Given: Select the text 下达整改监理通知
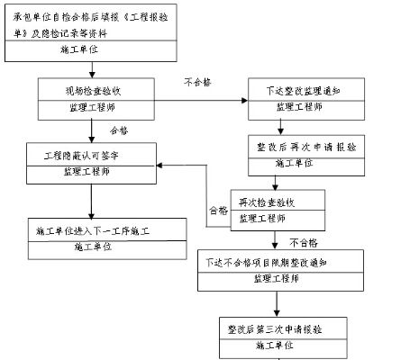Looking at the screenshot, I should click(302, 90).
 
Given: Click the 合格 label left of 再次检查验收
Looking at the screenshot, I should click(218, 211).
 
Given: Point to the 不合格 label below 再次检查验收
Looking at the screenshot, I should click(304, 242).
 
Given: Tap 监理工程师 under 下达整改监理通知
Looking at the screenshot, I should click(302, 106).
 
